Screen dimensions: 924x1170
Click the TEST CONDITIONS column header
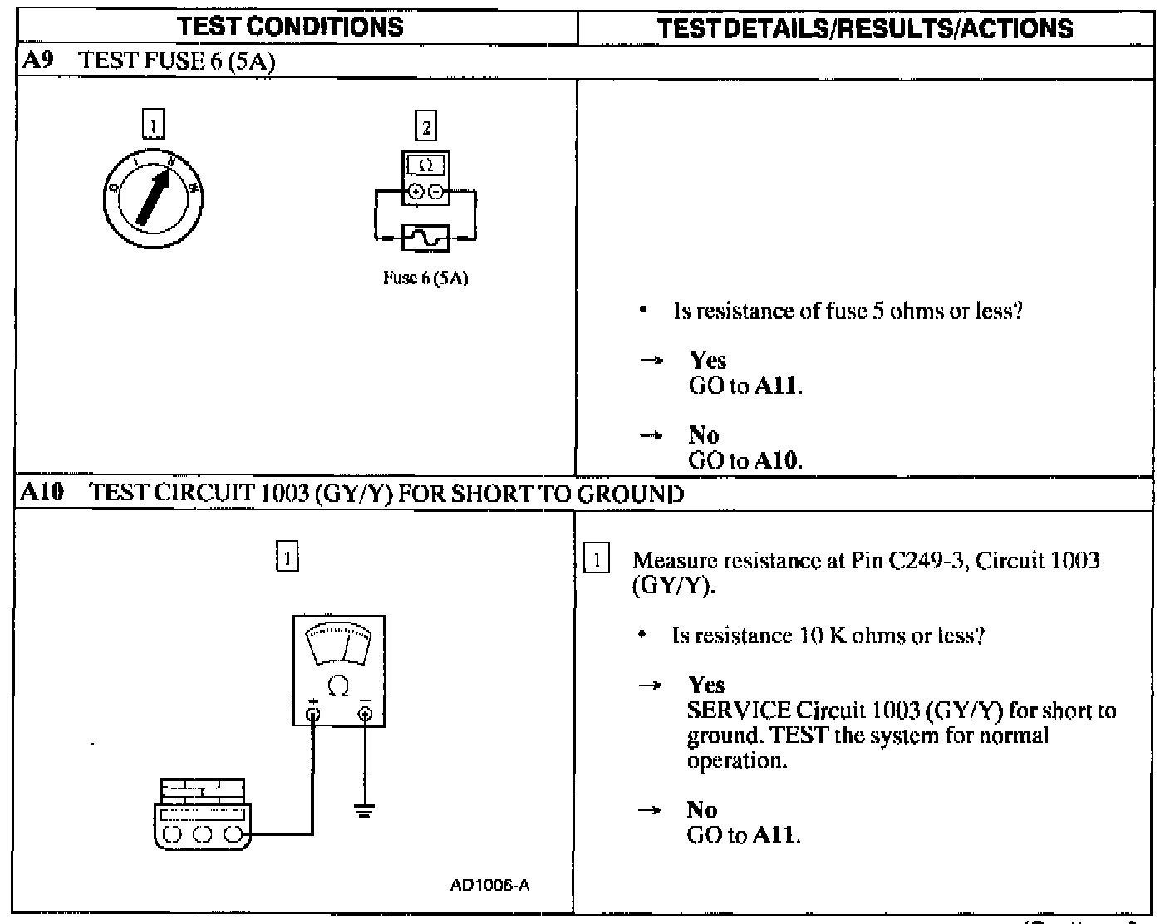290,27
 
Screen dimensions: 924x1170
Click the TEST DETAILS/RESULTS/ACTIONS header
864,28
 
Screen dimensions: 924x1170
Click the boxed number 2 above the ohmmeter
426,127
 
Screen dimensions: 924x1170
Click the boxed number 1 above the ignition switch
153,125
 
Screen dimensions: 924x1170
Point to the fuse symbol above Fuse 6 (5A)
425,238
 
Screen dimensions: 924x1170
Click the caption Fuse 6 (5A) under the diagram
425,278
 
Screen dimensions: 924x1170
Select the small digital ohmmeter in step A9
425,177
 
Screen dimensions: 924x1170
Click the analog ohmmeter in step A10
339,670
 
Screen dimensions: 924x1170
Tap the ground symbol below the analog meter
364,808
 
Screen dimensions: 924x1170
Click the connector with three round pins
202,814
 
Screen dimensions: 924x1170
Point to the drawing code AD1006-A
489,885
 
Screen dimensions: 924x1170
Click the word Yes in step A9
708,361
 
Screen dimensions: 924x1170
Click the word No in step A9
704,435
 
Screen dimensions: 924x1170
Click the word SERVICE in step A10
739,711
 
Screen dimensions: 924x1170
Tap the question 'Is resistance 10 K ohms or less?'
828,636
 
